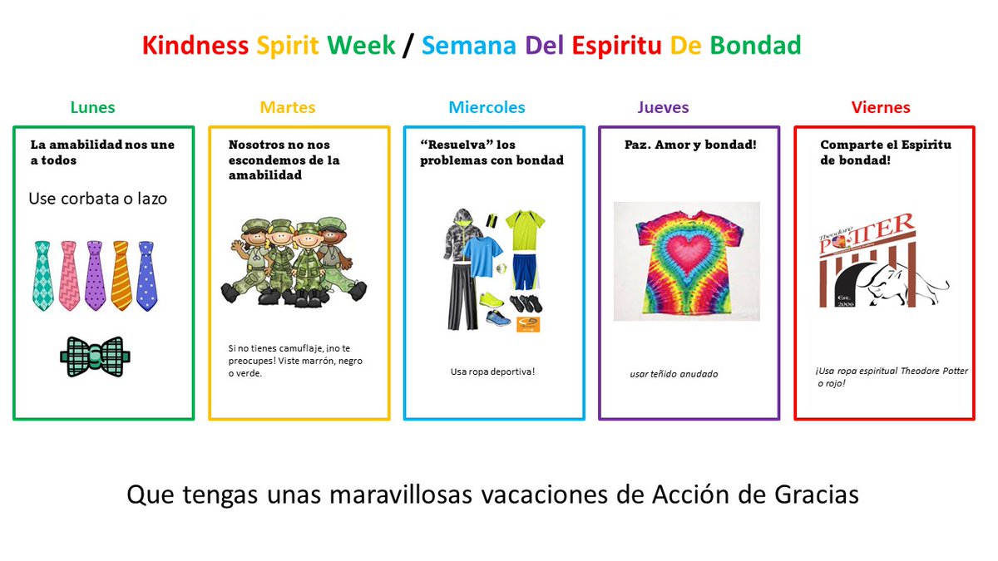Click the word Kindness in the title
[x=195, y=46]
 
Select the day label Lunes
[x=92, y=107]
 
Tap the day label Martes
[x=288, y=107]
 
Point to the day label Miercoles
[x=487, y=107]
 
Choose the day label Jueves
[x=663, y=107]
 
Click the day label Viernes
[x=881, y=107]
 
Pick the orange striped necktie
[x=121, y=275]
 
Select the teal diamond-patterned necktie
[x=43, y=275]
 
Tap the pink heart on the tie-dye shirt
[x=685, y=250]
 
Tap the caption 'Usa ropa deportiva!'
[x=492, y=372]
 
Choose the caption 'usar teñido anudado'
[x=674, y=374]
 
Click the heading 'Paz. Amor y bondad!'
[x=690, y=145]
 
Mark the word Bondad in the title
[x=755, y=46]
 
